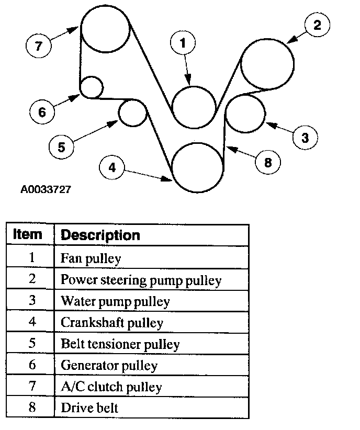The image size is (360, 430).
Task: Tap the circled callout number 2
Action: point(317,25)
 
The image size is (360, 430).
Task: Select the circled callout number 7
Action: point(38,45)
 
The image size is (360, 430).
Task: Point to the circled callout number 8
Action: point(267,162)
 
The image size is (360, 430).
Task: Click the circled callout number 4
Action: point(111,167)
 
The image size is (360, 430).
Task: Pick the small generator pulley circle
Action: point(92,87)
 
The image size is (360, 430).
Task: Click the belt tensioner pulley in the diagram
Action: point(132,113)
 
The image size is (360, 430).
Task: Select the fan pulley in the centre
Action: point(194,107)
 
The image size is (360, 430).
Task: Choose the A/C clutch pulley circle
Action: point(105,29)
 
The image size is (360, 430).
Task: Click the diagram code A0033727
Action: point(46,189)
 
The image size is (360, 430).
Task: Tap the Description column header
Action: point(100,235)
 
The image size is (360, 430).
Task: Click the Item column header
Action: point(27,234)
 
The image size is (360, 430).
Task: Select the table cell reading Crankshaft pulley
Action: point(112,323)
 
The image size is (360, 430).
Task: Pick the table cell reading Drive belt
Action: point(89,408)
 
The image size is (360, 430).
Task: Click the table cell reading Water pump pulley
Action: point(115,301)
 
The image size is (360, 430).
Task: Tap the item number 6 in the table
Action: point(32,365)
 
